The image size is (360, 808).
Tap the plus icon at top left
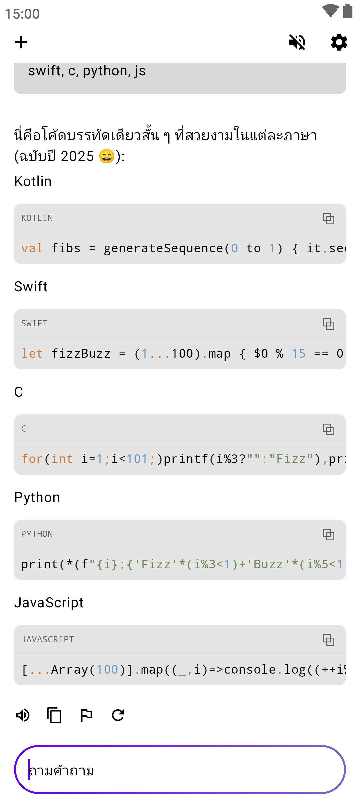click(21, 42)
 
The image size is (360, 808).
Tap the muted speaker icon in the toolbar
click(297, 42)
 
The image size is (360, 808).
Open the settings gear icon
click(339, 42)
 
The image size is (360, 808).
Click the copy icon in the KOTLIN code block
click(328, 219)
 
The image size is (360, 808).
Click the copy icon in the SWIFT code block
click(328, 324)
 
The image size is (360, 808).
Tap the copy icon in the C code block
click(328, 429)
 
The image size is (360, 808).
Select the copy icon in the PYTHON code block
click(328, 535)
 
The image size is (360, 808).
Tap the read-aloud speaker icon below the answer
click(23, 715)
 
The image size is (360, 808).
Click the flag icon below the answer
click(86, 715)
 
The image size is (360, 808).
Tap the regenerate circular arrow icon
click(118, 715)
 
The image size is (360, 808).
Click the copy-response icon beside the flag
click(54, 715)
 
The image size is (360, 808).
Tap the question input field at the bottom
click(180, 770)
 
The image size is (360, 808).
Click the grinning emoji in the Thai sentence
click(107, 156)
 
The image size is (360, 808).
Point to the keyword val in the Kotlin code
click(32, 248)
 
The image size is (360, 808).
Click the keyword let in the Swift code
click(32, 354)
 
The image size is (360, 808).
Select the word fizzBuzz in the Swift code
click(81, 354)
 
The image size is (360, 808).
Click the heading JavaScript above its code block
click(49, 603)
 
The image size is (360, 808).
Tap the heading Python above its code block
click(37, 497)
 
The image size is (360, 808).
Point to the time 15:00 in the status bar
click(22, 14)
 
